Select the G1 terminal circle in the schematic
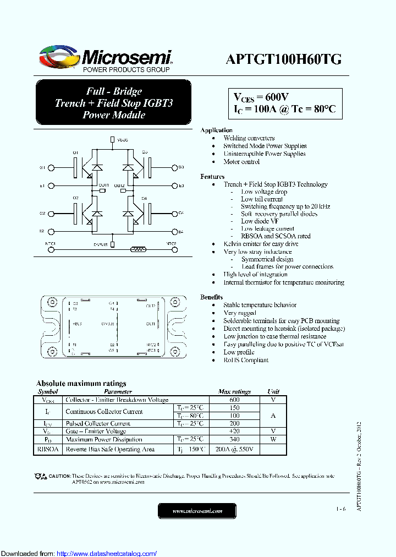pos(52,167)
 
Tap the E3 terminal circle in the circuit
pos(175,185)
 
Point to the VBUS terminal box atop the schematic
pos(113,140)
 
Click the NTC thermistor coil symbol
pos(137,249)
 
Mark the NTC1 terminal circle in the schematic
pos(52,249)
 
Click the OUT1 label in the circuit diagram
pos(103,185)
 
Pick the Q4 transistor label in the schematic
pos(145,198)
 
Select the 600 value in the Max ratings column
pos(234,400)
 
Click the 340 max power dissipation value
pos(234,439)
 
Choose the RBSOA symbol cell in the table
pos(48,450)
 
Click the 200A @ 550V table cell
pos(234,450)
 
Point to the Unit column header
pos(273,392)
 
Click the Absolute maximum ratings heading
pos(81,383)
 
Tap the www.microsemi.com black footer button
pos(197,511)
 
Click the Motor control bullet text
pos(241,162)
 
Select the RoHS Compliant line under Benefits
pos(246,360)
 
